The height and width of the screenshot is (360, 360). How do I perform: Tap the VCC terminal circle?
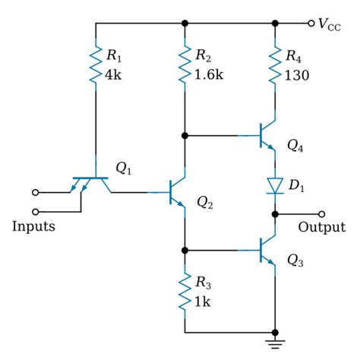[311, 23]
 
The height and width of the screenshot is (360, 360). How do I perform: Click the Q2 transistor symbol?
[178, 193]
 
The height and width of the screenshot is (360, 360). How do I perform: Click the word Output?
[321, 228]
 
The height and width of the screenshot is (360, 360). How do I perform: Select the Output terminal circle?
[321, 214]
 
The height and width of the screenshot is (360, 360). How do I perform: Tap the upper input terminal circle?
[34, 192]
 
